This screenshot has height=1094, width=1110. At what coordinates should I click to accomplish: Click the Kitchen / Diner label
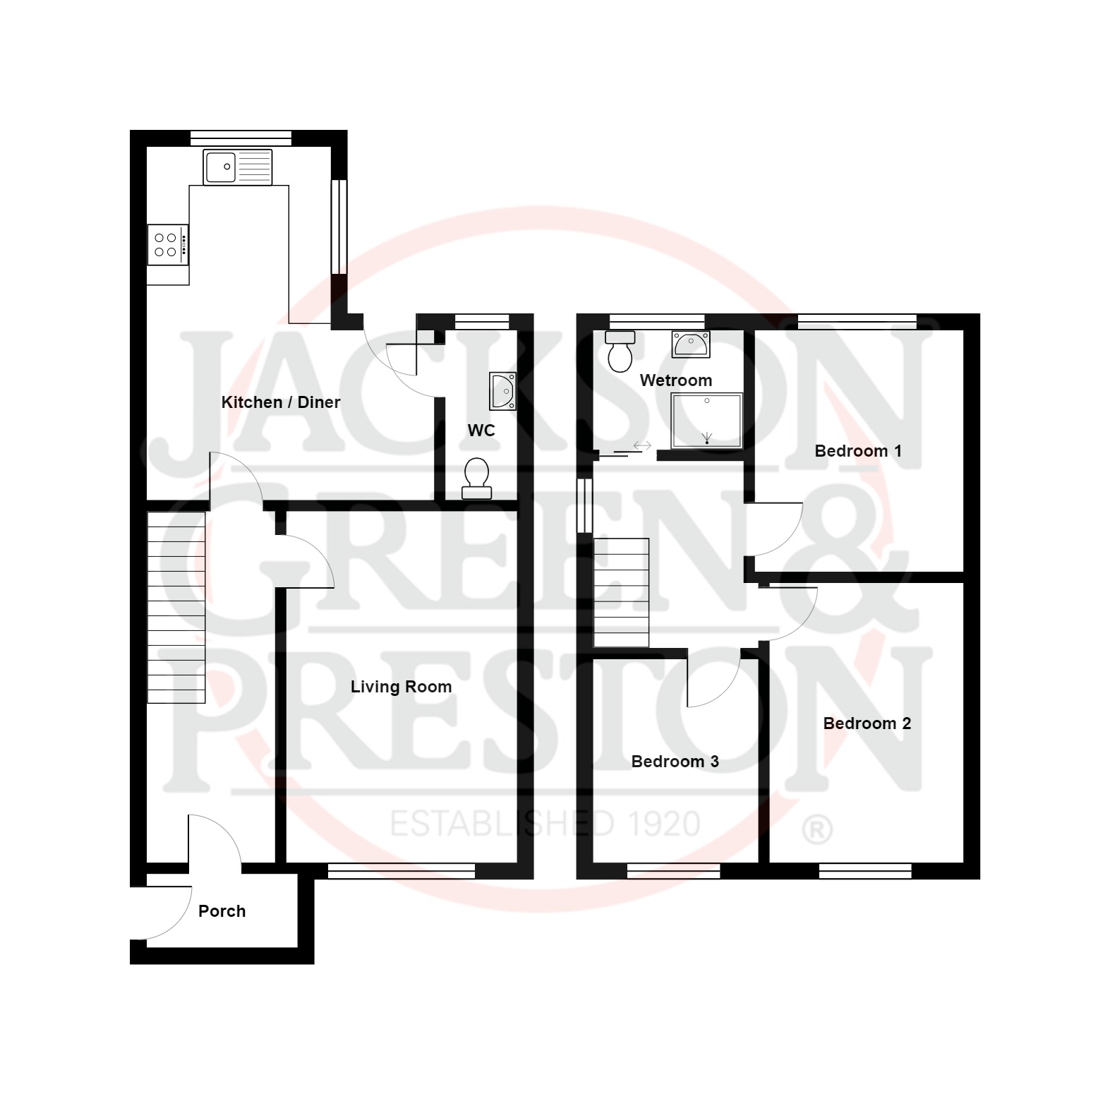pyautogui.click(x=281, y=402)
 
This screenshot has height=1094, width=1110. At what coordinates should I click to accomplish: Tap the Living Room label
pyautogui.click(x=401, y=687)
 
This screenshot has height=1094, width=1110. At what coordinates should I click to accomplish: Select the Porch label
pyautogui.click(x=222, y=911)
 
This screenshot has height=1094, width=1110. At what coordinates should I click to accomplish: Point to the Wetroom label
pyautogui.click(x=675, y=380)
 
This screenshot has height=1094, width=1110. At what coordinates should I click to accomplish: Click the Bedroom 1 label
pyautogui.click(x=858, y=451)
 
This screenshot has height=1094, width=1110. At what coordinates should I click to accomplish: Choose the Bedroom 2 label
pyautogui.click(x=867, y=723)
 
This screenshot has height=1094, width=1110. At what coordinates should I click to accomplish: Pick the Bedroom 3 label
pyautogui.click(x=675, y=762)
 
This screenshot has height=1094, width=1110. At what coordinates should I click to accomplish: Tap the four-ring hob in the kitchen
pyautogui.click(x=168, y=245)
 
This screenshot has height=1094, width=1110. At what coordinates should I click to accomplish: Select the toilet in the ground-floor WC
pyautogui.click(x=477, y=479)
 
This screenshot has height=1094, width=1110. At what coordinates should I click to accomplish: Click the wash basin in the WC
pyautogui.click(x=503, y=391)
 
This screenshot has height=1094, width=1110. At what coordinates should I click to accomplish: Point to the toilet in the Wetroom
pyautogui.click(x=620, y=351)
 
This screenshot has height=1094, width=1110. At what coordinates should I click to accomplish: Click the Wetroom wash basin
pyautogui.click(x=691, y=344)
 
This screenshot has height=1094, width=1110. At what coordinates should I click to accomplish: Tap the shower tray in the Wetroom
pyautogui.click(x=706, y=421)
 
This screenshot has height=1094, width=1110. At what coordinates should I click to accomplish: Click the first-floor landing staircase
pyautogui.click(x=621, y=592)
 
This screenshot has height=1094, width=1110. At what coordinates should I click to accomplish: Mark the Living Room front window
pyautogui.click(x=402, y=872)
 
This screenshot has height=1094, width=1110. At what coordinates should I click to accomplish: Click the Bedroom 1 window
pyautogui.click(x=857, y=322)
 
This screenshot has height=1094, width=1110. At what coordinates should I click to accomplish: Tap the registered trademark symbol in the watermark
pyautogui.click(x=817, y=830)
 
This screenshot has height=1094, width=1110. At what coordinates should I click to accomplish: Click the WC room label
pyautogui.click(x=481, y=431)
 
